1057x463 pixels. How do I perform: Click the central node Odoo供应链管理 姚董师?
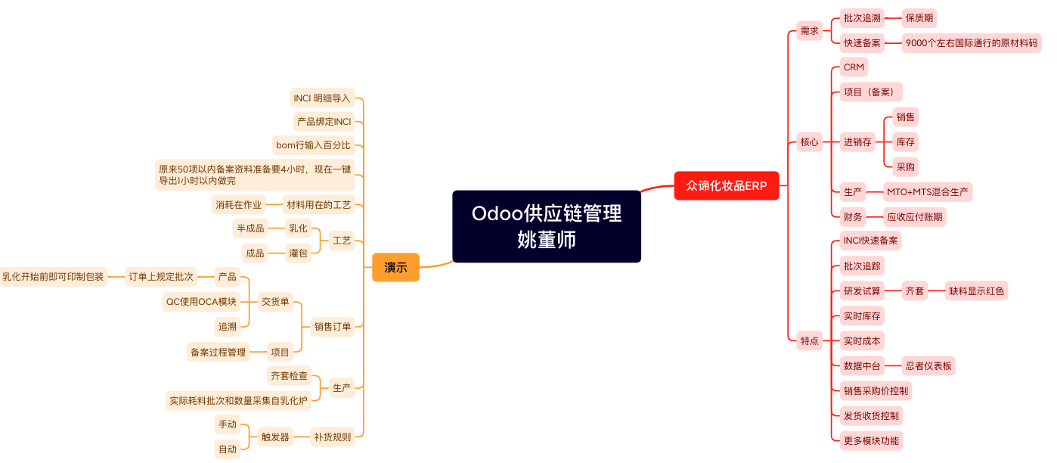pyautogui.click(x=546, y=226)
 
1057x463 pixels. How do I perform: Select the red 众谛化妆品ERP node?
pyautogui.click(x=726, y=185)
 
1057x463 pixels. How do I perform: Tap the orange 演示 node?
pyautogui.click(x=395, y=267)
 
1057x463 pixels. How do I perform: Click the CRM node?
pyautogui.click(x=854, y=67)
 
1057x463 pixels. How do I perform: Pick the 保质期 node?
pyautogui.click(x=920, y=18)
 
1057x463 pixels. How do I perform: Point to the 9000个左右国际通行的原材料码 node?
pyautogui.click(x=972, y=43)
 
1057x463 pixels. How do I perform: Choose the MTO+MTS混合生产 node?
pyautogui.click(x=928, y=192)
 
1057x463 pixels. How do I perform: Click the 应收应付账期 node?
pyautogui.click(x=915, y=217)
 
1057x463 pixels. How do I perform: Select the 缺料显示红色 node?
pyautogui.click(x=977, y=291)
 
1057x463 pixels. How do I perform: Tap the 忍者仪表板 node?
pyautogui.click(x=928, y=366)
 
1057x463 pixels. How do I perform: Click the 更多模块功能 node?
pyautogui.click(x=871, y=440)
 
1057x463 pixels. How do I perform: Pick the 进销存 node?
pyautogui.click(x=857, y=141)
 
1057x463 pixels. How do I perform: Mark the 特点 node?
pyautogui.click(x=809, y=341)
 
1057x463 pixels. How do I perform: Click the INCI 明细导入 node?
pyautogui.click(x=322, y=98)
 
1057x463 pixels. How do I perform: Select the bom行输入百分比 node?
pyautogui.click(x=313, y=144)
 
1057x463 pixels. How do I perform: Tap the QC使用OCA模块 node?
pyautogui.click(x=202, y=302)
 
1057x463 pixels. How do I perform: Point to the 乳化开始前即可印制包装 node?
pyautogui.click(x=53, y=277)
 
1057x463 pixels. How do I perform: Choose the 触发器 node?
pyautogui.click(x=275, y=437)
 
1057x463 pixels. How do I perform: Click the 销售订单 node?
pyautogui.click(x=333, y=327)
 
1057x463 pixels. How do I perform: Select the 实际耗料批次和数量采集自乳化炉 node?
pyautogui.click(x=239, y=401)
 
